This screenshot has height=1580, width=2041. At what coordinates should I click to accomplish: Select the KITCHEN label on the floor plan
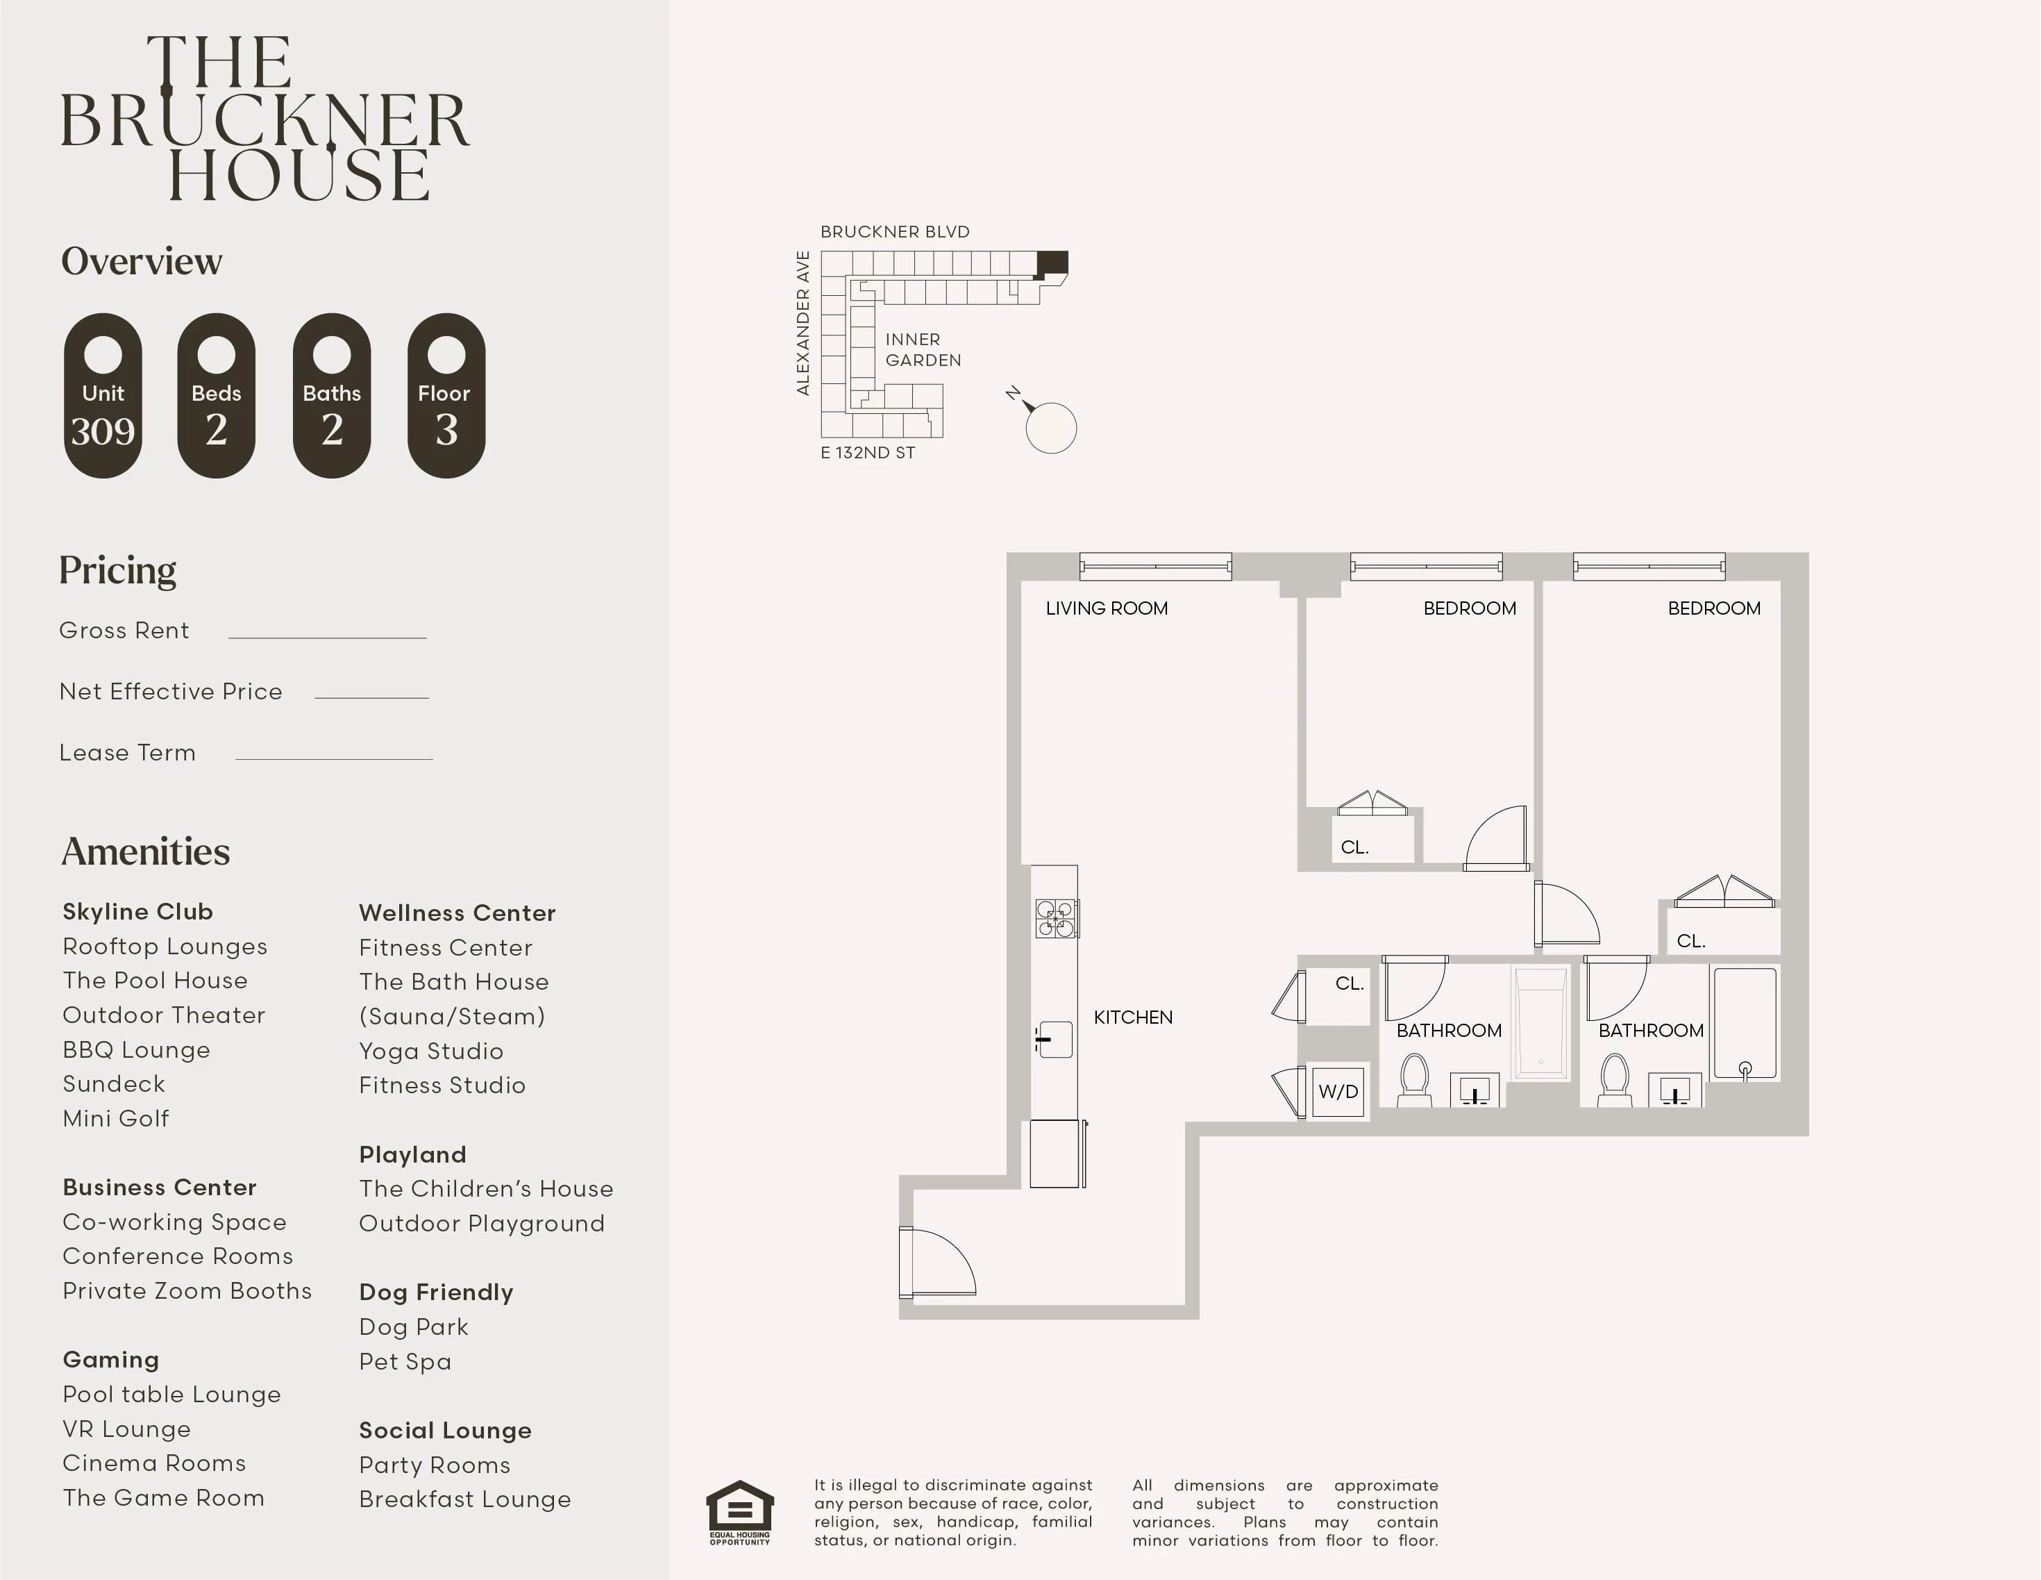1133,1017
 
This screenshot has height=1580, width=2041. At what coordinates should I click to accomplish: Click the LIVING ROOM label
1107,608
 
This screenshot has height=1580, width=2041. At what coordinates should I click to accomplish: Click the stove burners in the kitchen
1055,918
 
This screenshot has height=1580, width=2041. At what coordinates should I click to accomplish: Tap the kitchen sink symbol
1055,1039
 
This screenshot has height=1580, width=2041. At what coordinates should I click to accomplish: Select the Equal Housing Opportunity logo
739,1512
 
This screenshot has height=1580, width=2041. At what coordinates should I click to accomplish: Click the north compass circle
1050,429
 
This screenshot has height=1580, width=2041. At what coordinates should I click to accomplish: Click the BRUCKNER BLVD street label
894,232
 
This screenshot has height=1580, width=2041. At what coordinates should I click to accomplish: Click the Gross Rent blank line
327,635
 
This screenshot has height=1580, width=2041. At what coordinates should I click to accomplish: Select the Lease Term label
127,753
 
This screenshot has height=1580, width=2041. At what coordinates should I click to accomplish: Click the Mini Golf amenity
116,1118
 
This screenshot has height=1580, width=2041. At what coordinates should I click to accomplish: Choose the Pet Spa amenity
405,1361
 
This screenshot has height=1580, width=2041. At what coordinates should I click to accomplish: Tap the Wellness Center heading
457,913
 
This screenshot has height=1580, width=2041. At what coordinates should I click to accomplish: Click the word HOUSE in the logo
299,175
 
